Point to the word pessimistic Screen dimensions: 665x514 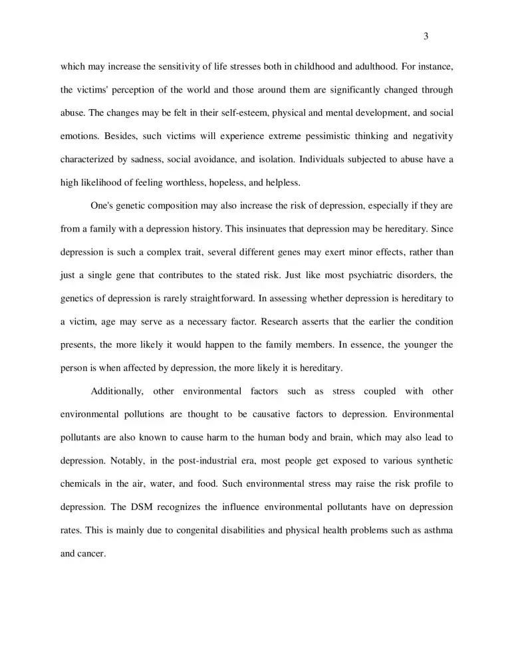(x=301, y=136)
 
